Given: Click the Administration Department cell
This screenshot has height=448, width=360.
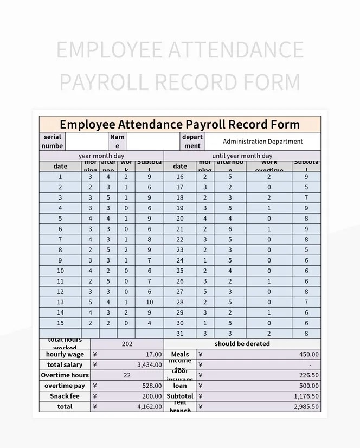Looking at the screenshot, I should pyautogui.click(x=262, y=142).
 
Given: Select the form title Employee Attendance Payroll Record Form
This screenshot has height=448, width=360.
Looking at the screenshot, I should pyautogui.click(x=179, y=124).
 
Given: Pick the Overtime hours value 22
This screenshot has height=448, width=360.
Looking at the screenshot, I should pyautogui.click(x=127, y=375).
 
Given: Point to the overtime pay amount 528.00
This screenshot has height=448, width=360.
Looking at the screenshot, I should pyautogui.click(x=151, y=386).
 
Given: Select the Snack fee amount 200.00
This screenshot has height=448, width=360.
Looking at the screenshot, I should pyautogui.click(x=151, y=396).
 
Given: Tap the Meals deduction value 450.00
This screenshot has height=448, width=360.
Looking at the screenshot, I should pyautogui.click(x=308, y=354).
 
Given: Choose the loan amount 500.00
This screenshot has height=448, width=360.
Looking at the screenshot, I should pyautogui.click(x=308, y=386).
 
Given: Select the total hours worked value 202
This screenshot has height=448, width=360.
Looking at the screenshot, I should pyautogui.click(x=127, y=344).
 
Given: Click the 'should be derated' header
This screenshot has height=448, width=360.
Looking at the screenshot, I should pyautogui.click(x=242, y=344).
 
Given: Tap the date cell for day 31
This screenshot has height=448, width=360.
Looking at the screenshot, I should pyautogui.click(x=180, y=334).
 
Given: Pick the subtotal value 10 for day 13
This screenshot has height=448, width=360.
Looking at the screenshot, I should pyautogui.click(x=149, y=302).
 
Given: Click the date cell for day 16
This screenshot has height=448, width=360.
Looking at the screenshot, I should pyautogui.click(x=180, y=177).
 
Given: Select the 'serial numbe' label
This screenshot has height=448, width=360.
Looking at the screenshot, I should pyautogui.click(x=53, y=142).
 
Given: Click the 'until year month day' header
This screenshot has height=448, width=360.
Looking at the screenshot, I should pyautogui.click(x=242, y=156).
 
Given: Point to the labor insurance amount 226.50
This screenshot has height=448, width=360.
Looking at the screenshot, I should pyautogui.click(x=308, y=375).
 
